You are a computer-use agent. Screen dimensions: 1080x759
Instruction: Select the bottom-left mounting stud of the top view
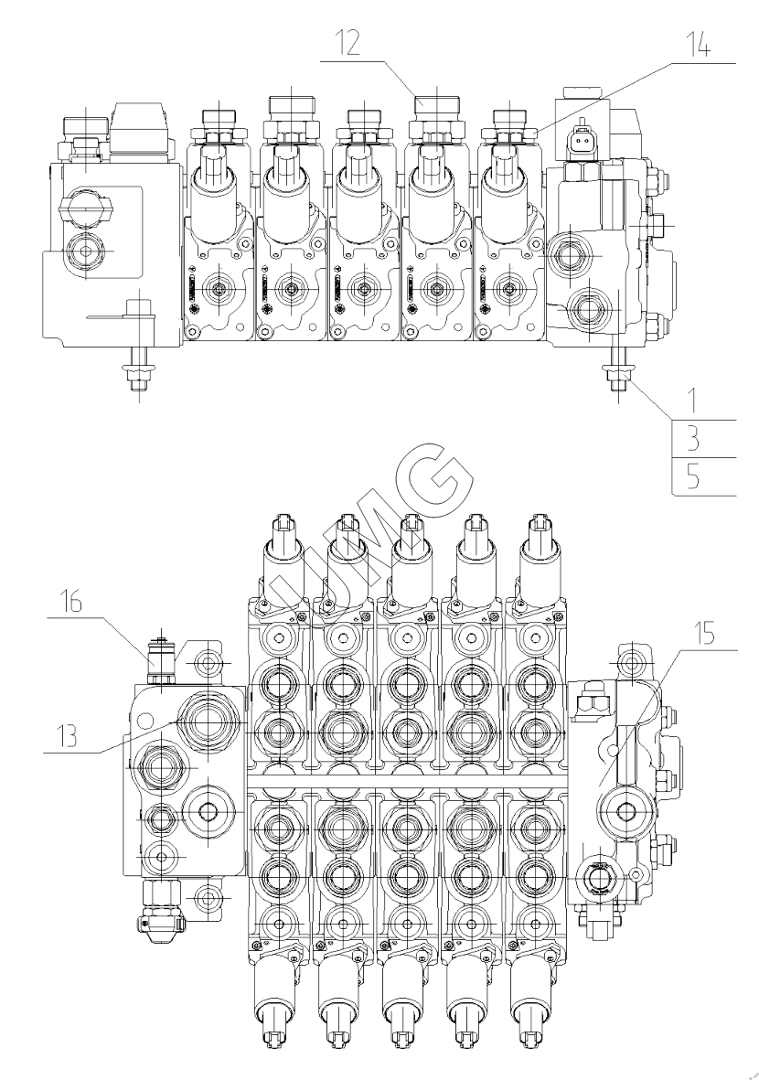point(136,370)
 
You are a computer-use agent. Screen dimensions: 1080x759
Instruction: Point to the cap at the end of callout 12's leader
point(435,105)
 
